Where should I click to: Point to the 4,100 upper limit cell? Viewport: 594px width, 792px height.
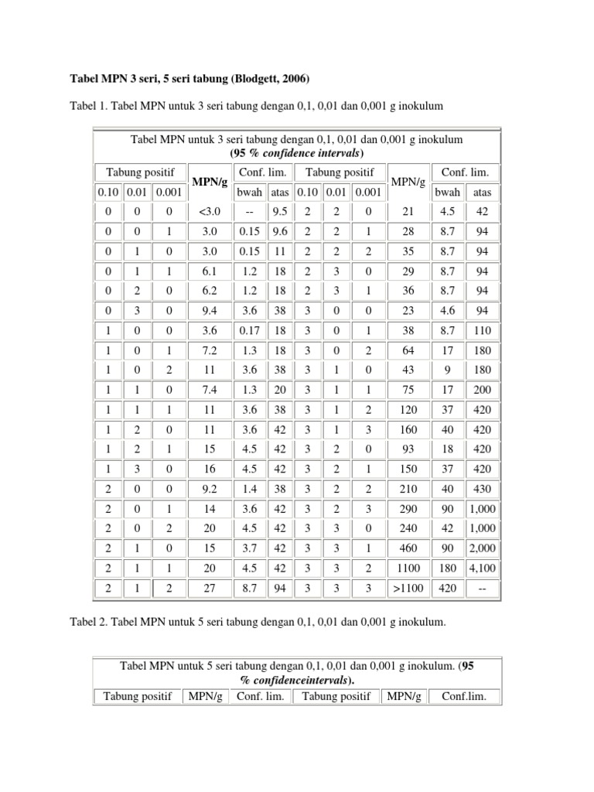tap(483, 568)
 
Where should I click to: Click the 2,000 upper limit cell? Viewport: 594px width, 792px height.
tap(483, 548)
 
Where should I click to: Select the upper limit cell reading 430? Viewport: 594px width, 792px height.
tap(483, 489)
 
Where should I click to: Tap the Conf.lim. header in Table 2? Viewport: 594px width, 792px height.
tap(463, 696)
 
